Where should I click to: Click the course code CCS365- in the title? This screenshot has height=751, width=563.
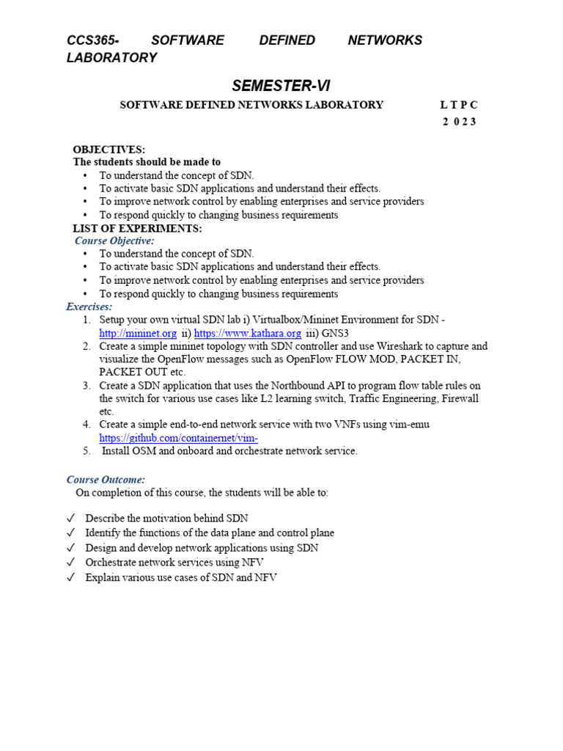click(92, 40)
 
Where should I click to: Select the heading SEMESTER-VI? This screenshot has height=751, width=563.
click(281, 87)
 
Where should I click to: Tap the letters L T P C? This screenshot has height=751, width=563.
click(459, 105)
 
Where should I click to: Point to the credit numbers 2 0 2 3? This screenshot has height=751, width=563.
click(459, 122)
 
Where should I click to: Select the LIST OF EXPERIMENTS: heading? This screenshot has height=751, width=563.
click(137, 228)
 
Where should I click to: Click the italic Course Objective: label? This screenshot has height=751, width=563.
click(114, 241)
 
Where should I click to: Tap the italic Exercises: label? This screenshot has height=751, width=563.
click(89, 307)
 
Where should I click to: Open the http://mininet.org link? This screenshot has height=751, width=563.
click(138, 333)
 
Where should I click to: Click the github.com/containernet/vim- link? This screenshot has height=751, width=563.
click(179, 438)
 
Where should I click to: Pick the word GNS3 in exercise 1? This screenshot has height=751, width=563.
click(334, 333)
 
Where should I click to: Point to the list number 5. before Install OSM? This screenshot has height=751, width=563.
click(87, 451)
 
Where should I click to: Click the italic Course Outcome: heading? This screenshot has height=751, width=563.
click(106, 480)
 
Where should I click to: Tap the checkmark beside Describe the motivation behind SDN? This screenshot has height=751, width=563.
click(70, 519)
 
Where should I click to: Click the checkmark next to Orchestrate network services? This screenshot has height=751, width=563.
click(70, 563)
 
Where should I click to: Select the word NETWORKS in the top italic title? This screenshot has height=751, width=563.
click(385, 40)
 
